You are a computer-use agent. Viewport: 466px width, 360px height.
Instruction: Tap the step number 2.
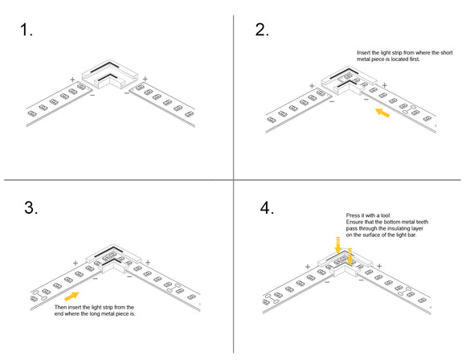coord(262,30)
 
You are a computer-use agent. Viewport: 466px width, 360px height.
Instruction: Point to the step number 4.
coord(268,207)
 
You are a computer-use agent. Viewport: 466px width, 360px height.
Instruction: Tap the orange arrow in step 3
coord(81,297)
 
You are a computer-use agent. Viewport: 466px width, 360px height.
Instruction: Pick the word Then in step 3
coord(61,308)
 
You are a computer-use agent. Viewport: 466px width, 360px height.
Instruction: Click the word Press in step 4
coord(354,216)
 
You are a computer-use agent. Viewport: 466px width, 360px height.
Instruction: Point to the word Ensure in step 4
coord(356,223)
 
